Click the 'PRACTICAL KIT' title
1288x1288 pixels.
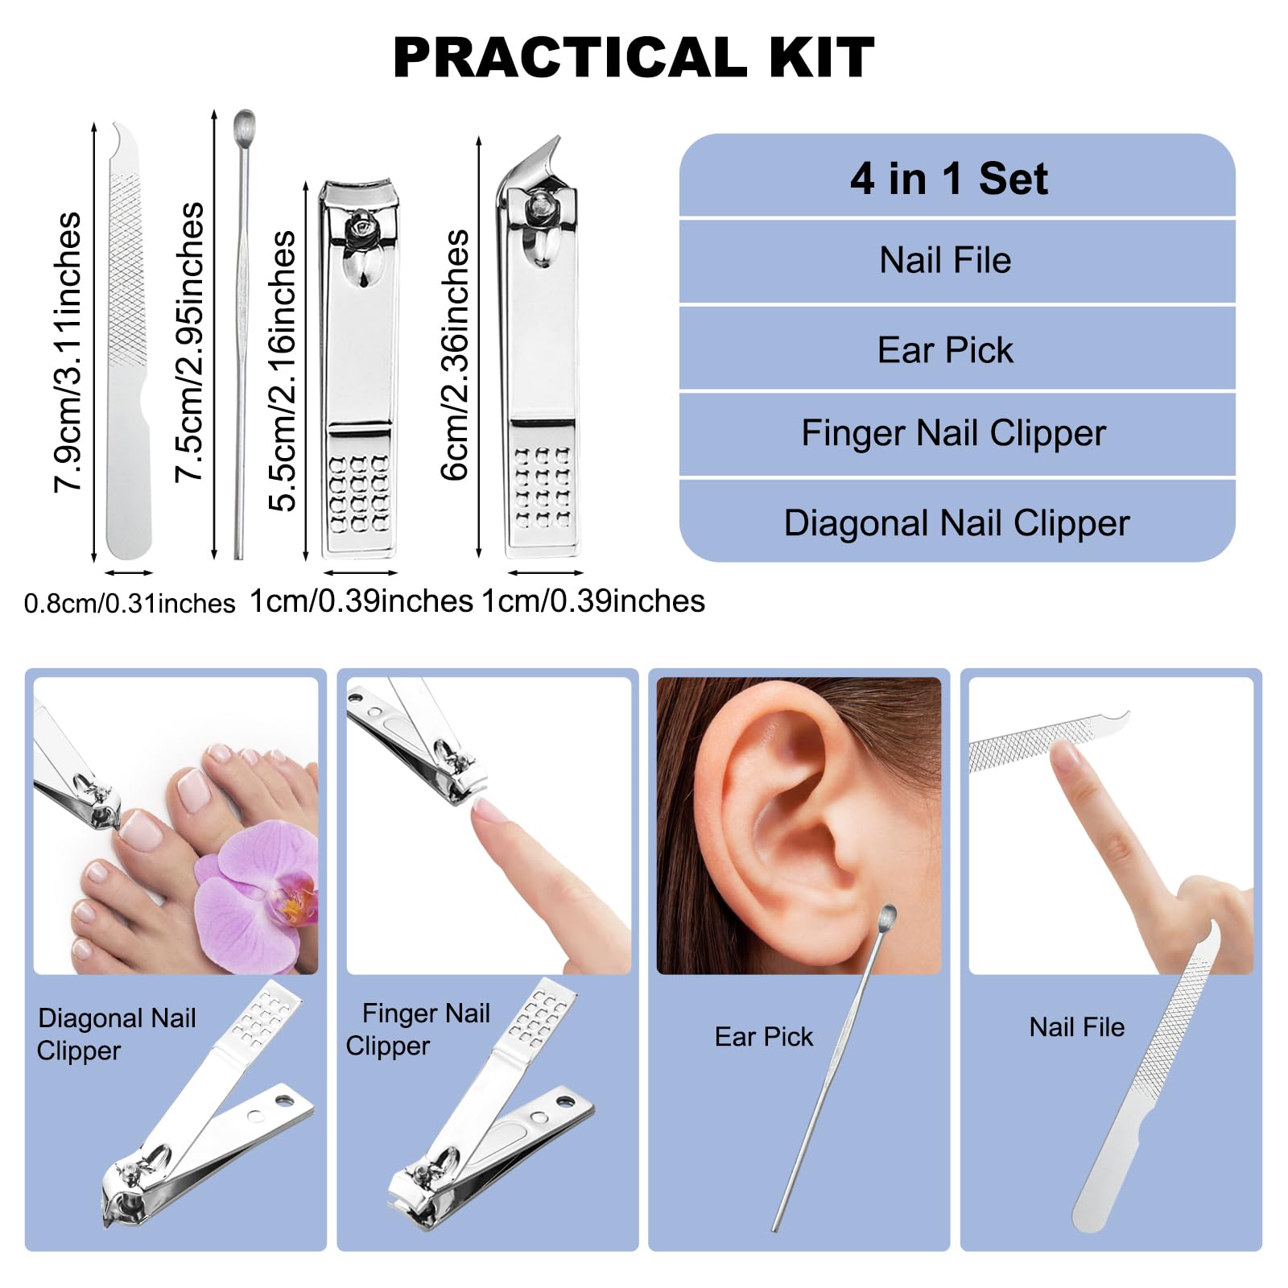pyautogui.click(x=634, y=57)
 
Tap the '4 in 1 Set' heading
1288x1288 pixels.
pyautogui.click(x=949, y=178)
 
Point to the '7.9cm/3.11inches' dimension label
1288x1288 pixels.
pyautogui.click(x=68, y=352)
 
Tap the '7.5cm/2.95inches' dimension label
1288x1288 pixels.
pyautogui.click(x=189, y=342)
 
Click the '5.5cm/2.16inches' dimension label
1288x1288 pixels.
pyautogui.click(x=282, y=370)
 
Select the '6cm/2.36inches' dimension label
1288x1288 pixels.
pyautogui.click(x=455, y=355)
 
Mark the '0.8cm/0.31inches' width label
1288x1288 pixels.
pyautogui.click(x=130, y=603)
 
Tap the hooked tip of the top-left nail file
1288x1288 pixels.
pyautogui.click(x=121, y=130)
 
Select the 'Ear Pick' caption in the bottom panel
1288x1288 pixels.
pyautogui.click(x=764, y=1037)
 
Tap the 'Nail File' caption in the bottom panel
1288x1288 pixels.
pyautogui.click(x=1077, y=1027)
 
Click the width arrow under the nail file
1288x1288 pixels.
pyautogui.click(x=129, y=573)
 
